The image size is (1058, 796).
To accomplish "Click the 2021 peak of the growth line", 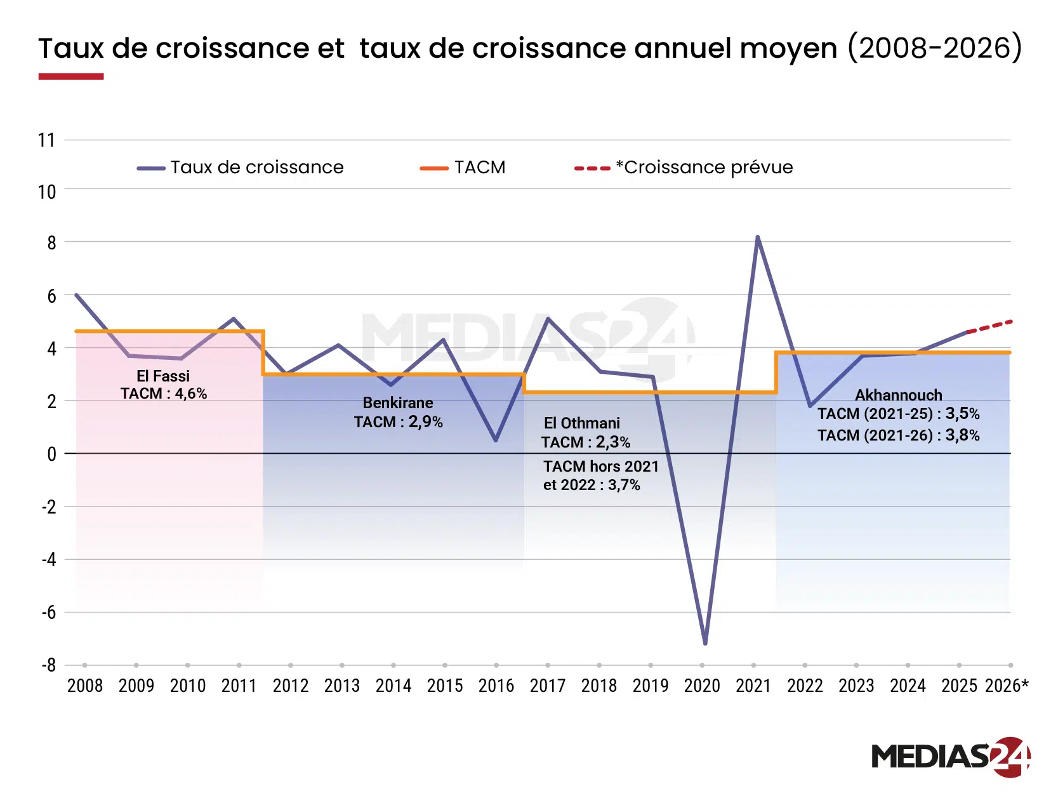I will (757, 238).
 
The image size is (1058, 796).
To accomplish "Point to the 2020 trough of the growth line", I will (705, 643).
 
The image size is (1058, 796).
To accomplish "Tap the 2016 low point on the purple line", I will (496, 440).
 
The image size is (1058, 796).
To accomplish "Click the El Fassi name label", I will (163, 376).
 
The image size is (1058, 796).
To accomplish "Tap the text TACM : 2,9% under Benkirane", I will (399, 421).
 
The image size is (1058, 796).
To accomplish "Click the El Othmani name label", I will (582, 423).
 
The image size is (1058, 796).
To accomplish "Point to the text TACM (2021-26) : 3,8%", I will (898, 435).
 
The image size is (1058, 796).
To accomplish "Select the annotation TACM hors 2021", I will (601, 467).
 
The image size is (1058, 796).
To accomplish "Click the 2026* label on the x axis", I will (1007, 686).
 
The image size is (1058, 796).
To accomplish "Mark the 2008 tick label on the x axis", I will (85, 686).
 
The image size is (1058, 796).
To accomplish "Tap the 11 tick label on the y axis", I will (46, 140).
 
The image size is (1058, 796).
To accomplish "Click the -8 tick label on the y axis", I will (49, 665).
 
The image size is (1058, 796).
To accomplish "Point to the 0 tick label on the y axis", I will (51, 454).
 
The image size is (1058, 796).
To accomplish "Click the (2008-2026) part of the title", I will (935, 48).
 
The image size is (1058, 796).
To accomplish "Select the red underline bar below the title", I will (71, 77).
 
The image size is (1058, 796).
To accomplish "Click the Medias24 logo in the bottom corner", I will (950, 757).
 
